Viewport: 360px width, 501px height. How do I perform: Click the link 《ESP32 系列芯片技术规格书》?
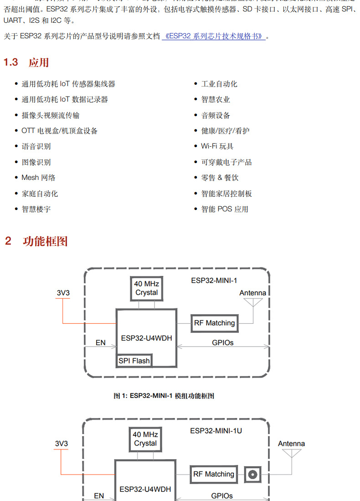[214, 36]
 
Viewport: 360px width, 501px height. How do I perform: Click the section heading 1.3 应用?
[26, 62]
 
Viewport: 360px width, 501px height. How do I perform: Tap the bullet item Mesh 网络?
[38, 178]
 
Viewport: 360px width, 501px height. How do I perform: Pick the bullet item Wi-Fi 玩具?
[217, 146]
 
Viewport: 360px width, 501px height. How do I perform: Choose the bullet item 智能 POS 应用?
[225, 209]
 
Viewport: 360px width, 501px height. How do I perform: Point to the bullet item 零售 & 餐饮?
[220, 178]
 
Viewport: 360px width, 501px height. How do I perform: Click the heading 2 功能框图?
[36, 241]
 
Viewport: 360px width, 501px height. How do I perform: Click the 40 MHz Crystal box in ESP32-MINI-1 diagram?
[146, 288]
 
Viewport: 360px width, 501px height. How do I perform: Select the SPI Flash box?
[134, 361]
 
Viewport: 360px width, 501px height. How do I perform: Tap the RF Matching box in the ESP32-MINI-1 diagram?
[214, 323]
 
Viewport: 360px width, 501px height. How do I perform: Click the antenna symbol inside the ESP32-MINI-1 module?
[253, 303]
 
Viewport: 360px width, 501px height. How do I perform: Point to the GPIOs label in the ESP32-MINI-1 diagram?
[222, 343]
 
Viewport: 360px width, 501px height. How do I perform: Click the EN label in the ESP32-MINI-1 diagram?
[100, 343]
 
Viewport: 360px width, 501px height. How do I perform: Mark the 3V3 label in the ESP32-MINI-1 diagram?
[63, 293]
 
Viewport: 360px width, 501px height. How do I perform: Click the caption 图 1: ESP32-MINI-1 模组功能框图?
[164, 396]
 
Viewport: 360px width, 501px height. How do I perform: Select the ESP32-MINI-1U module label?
[216, 430]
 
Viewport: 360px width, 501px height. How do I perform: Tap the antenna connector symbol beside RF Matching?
[252, 475]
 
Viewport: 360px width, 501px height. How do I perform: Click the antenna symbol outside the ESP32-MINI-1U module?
[291, 454]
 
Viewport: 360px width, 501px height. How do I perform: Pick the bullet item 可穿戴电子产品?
[226, 162]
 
